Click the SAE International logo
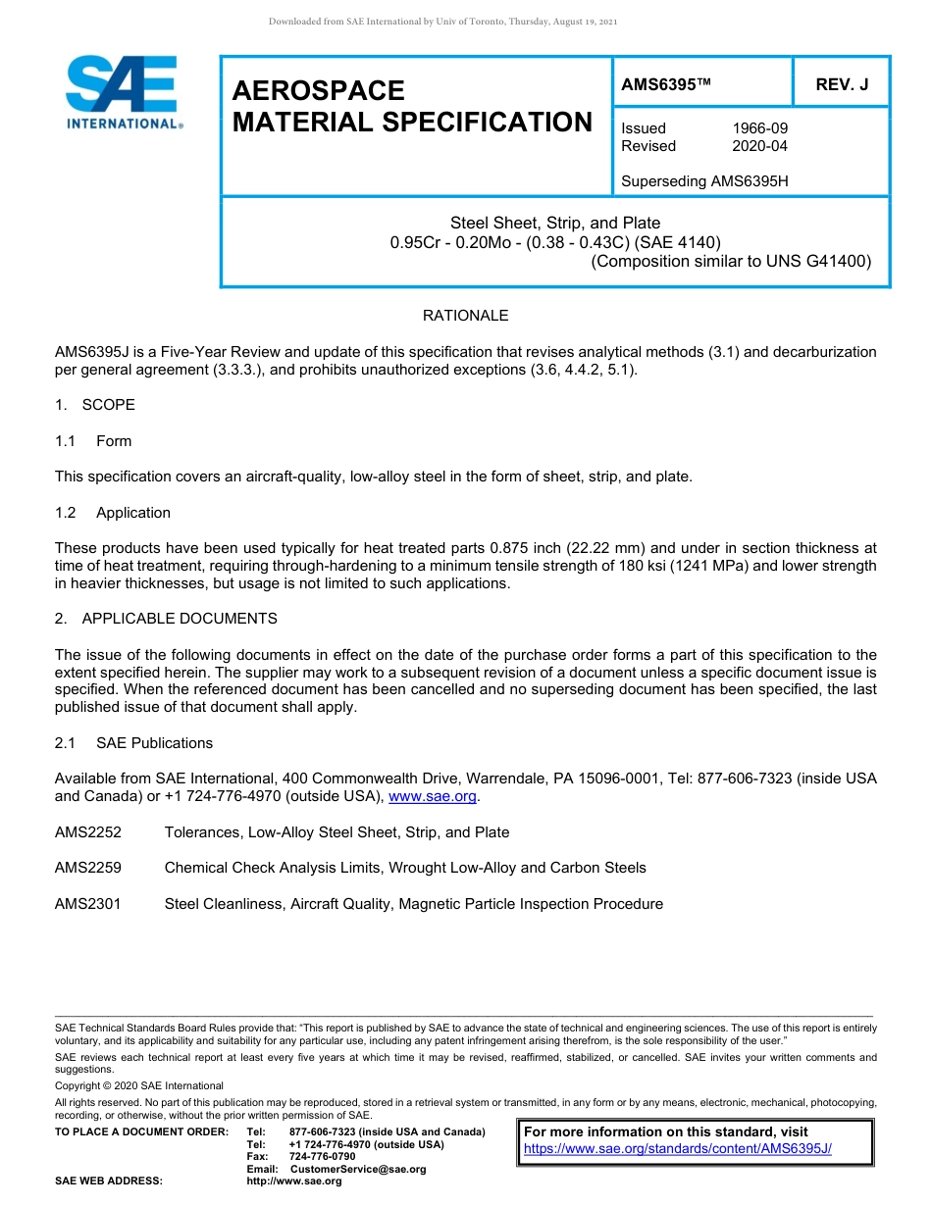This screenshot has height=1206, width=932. pos(123,92)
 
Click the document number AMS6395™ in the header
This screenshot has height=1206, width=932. pos(665,85)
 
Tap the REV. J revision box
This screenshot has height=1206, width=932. pos(842,85)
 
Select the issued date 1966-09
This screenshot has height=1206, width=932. pos(759,128)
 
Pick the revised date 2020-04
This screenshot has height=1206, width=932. pos(759,146)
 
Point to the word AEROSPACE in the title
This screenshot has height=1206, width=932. pos(318,91)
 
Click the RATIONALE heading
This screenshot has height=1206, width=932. pos(465,316)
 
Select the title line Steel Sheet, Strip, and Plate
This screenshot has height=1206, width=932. pos(554,223)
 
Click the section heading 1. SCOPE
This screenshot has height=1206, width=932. pos(95,405)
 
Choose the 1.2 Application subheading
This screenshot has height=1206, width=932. pos(113,513)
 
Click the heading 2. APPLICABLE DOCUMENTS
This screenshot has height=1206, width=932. pos(166,619)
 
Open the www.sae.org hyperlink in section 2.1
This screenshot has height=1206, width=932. pos(433,797)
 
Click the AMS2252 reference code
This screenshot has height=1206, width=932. pos(88,832)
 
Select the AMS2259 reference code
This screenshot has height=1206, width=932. pos(88,868)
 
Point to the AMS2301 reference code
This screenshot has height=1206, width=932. pos(88,904)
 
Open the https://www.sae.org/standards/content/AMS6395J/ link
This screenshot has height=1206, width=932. pos(677,1148)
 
